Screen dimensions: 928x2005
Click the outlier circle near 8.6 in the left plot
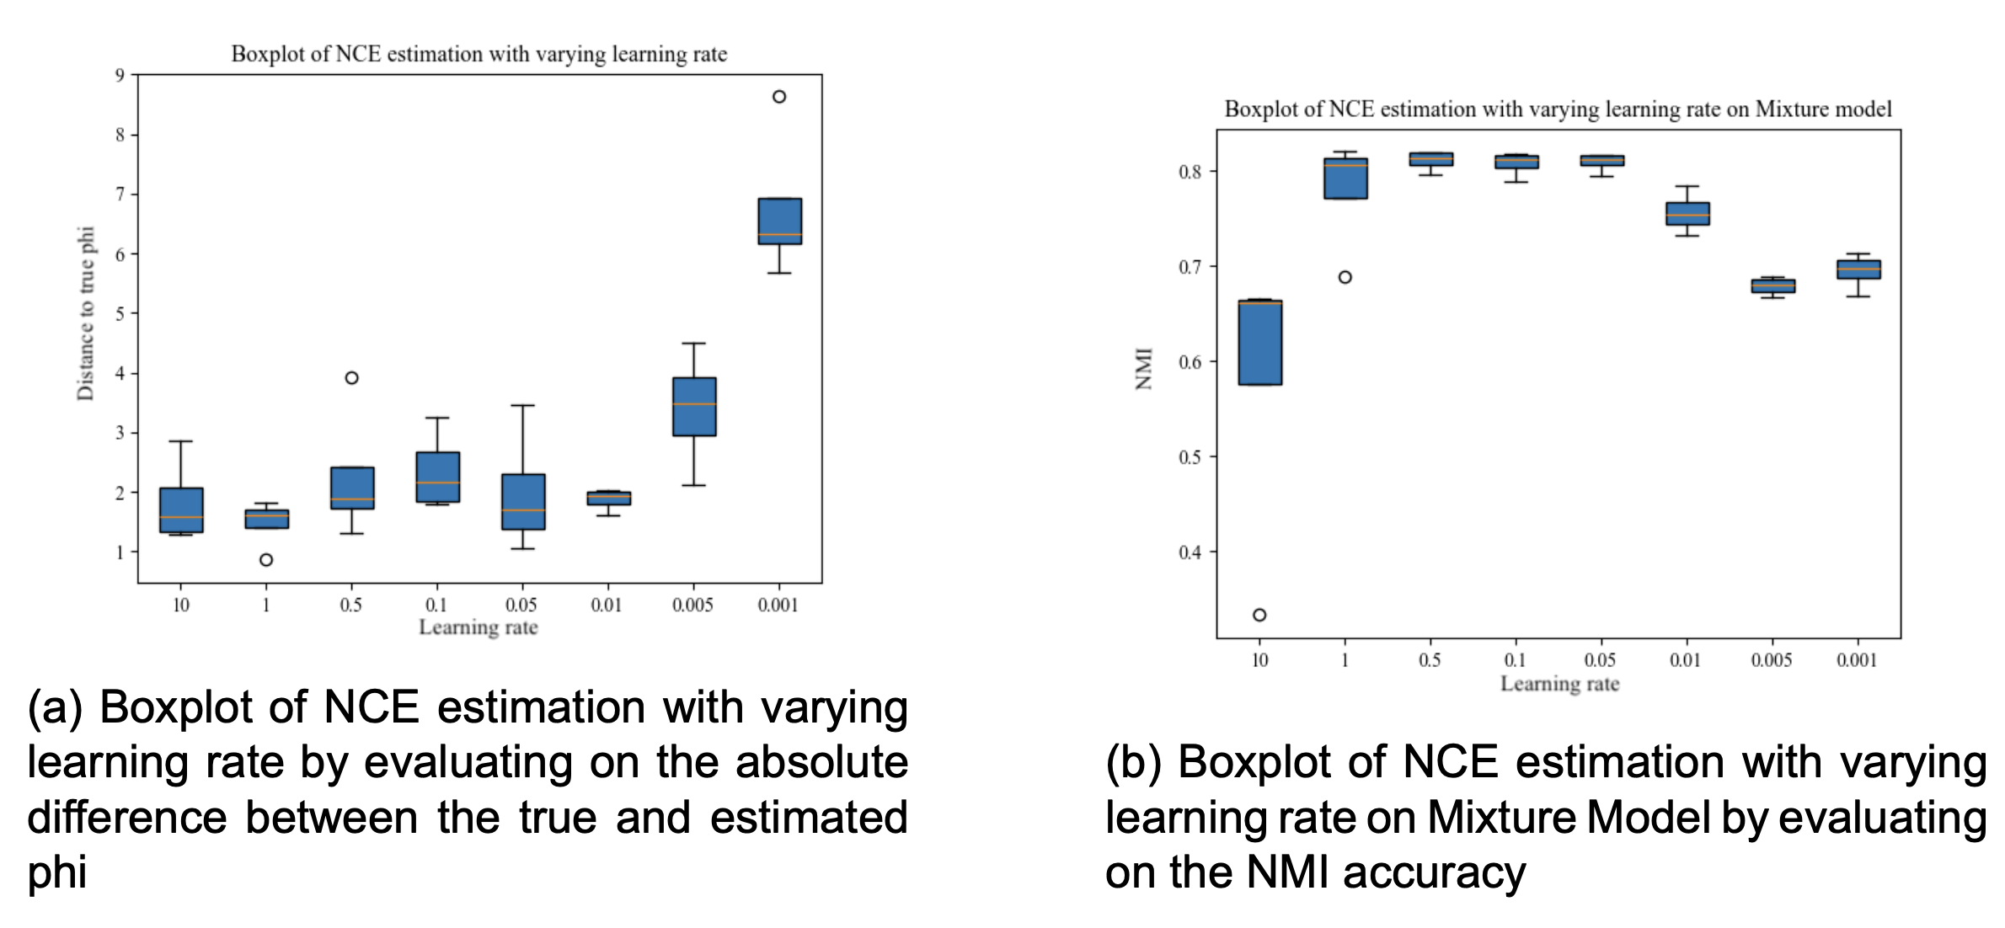click(779, 97)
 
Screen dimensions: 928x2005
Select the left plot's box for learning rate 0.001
click(779, 221)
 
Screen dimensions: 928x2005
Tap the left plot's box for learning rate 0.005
click(694, 407)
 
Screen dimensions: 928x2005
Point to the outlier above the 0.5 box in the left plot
click(352, 378)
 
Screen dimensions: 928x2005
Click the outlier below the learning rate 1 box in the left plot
click(266, 560)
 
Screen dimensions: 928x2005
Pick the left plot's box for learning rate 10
click(181, 509)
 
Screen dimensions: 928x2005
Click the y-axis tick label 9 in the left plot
click(120, 76)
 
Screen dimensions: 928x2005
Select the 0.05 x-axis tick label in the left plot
click(521, 605)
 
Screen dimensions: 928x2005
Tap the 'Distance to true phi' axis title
click(86, 313)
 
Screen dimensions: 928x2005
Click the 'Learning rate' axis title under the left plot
click(478, 627)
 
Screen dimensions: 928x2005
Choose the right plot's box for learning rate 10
click(1260, 342)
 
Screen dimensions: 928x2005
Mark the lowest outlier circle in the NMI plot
click(1259, 615)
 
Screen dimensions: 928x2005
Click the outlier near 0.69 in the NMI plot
click(1345, 277)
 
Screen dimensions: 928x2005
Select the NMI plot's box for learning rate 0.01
click(1687, 213)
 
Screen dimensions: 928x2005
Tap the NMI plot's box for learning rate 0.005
click(1772, 286)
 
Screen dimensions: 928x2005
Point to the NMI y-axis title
click(1143, 369)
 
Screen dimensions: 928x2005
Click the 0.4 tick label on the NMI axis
click(1190, 552)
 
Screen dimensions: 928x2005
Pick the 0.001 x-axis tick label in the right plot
click(1857, 660)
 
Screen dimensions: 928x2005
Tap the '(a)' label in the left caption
click(55, 707)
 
